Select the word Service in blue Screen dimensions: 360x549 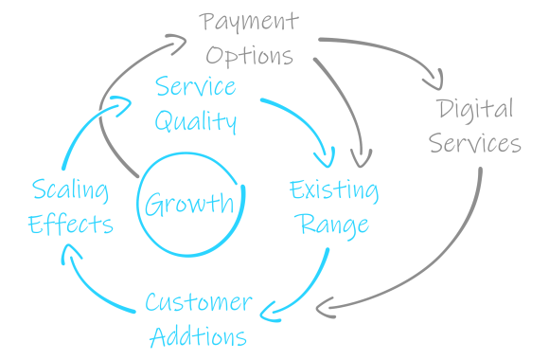tap(195, 87)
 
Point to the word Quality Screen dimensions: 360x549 tap(195, 120)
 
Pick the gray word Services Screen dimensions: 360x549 tap(474, 143)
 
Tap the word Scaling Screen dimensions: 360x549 tap(69, 190)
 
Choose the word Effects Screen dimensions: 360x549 tap(70, 225)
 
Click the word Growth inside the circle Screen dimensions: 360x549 tap(188, 203)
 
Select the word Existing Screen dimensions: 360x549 tap(333, 190)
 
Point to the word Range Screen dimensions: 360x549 tap(333, 225)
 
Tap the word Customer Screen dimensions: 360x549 tap(198, 303)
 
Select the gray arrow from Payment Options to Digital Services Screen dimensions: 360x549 tap(388, 47)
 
